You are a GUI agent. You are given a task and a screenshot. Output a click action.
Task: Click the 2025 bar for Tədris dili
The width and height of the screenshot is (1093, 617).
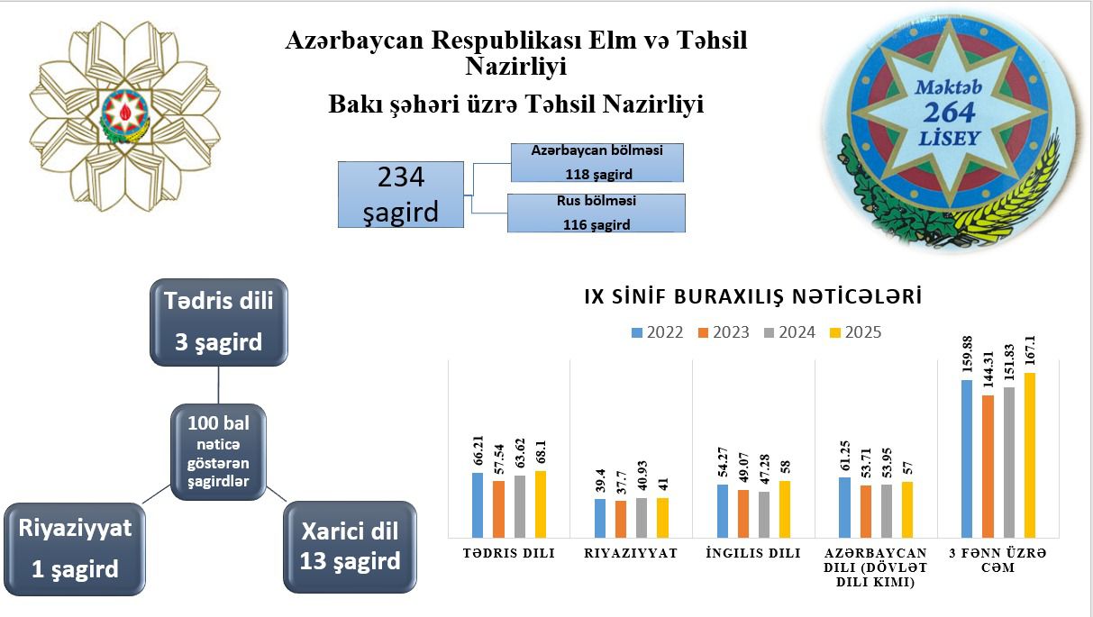[x=541, y=504]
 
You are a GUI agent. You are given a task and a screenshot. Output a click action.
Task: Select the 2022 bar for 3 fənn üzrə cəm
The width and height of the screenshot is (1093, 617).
[x=967, y=459]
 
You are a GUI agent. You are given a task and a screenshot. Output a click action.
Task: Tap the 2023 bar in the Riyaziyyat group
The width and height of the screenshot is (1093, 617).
[x=621, y=520]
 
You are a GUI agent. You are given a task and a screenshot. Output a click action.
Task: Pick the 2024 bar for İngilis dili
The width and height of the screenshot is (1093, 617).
[x=764, y=514]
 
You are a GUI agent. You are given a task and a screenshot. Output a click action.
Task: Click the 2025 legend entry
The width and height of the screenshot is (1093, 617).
[x=855, y=332]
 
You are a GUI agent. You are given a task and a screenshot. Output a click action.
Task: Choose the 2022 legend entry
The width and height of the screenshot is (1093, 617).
[x=657, y=332]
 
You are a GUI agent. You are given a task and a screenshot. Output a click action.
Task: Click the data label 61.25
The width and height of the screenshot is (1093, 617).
[x=844, y=456]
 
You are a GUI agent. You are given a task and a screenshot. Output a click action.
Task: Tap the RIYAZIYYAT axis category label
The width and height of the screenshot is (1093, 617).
[x=631, y=553]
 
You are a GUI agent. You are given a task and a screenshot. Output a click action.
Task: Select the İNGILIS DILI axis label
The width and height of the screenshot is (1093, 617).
[x=753, y=553]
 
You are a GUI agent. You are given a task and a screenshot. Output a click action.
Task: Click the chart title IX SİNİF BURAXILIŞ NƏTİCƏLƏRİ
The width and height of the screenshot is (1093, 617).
[x=753, y=296]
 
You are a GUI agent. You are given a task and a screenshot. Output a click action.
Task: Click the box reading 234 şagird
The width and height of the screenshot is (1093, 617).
[x=401, y=195]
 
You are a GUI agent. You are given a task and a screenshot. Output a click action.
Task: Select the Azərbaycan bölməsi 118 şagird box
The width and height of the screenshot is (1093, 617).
[x=597, y=162]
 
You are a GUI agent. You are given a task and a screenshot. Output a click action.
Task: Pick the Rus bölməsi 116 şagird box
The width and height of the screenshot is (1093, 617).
[x=597, y=213]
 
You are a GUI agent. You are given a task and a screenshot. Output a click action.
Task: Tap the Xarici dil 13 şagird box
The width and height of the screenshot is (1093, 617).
[x=350, y=547]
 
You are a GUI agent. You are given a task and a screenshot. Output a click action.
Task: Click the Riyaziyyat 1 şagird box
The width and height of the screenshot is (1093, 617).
[x=75, y=549]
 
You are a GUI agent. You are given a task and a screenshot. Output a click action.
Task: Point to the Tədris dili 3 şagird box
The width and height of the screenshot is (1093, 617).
[x=219, y=322]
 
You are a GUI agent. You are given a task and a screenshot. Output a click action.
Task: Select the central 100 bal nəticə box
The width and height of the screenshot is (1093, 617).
[x=218, y=451]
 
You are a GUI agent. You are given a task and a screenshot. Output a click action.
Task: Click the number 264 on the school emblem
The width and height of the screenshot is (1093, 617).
[x=949, y=113]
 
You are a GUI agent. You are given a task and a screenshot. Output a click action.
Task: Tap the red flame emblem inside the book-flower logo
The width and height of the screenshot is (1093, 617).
[x=125, y=113]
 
